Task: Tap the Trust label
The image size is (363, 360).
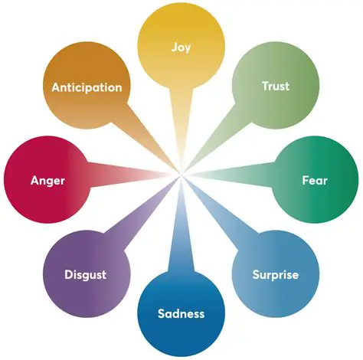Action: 275,86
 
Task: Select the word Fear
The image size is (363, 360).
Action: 314,181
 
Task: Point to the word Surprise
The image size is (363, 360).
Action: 275,274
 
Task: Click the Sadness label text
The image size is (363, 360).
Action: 181,313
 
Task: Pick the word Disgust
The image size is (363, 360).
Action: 85,274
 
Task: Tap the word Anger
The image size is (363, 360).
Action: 47,181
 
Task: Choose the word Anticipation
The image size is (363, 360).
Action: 87,87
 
